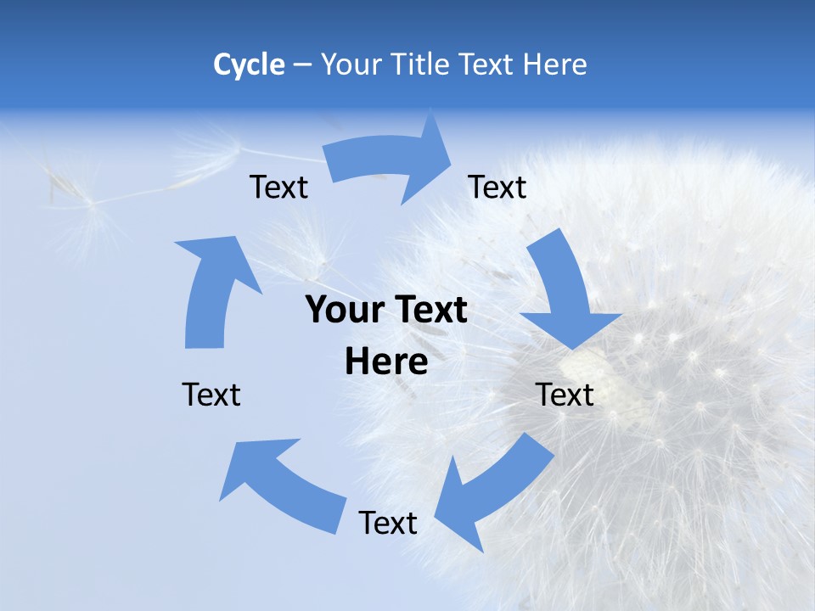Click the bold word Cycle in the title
point(249,64)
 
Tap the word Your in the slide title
point(350,64)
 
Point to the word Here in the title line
point(555,64)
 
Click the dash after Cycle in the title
point(301,65)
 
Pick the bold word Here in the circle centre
point(386,362)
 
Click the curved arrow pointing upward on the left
point(212,289)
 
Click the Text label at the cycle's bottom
point(387,524)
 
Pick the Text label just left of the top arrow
point(278,188)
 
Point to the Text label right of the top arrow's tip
point(497,188)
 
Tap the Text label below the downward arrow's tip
point(565,395)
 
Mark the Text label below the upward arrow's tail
point(211,395)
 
